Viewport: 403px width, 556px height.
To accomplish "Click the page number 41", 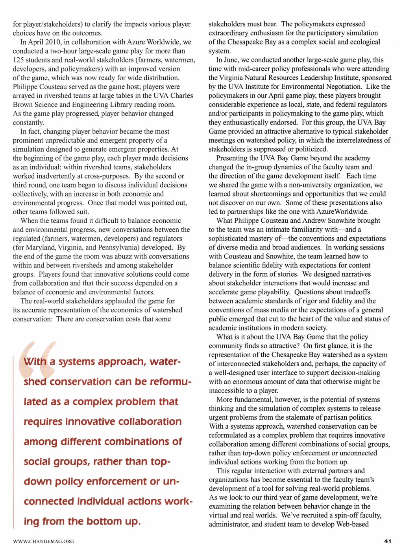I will click(x=387, y=541).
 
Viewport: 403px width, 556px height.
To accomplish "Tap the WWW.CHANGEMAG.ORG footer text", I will click(x=43, y=541).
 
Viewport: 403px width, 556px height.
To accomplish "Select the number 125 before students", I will click(x=18, y=60).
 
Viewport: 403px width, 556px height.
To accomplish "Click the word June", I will click(x=231, y=60).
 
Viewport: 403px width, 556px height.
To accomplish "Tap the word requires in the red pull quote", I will click(x=43, y=422).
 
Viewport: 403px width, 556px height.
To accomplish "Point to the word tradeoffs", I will click(x=354, y=292).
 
